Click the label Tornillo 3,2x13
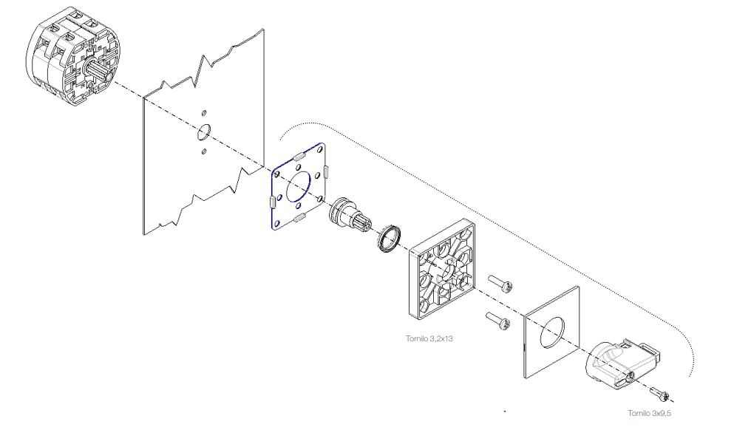[429, 338]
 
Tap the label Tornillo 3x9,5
[649, 414]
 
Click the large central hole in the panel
[204, 132]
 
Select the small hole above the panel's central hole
[204, 113]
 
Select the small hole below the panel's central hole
[204, 151]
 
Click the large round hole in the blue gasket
[298, 186]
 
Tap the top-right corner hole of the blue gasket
[320, 150]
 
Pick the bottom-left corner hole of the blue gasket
[276, 223]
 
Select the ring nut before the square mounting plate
[390, 239]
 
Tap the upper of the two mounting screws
[500, 284]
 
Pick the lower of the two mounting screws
[497, 321]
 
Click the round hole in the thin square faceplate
[552, 332]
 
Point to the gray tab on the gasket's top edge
[300, 156]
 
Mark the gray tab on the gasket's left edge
[272, 202]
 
